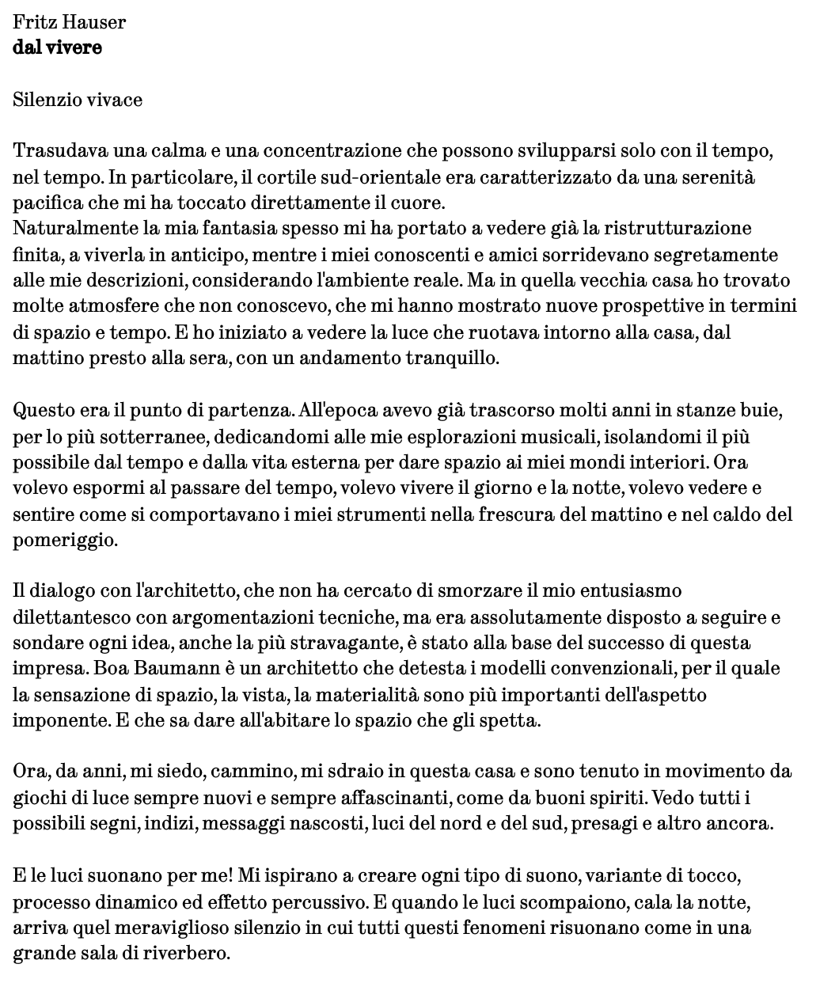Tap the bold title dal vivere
(x=57, y=47)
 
